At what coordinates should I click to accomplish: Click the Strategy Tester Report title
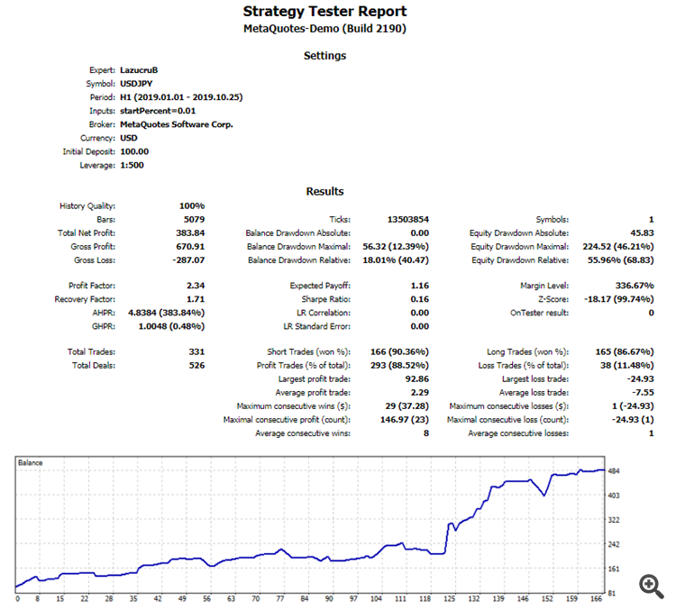324,12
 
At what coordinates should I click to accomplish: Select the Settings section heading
324,56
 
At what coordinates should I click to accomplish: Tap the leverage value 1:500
133,166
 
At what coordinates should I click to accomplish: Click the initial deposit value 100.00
134,152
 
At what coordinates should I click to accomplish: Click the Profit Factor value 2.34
195,286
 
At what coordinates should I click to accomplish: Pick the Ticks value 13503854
407,220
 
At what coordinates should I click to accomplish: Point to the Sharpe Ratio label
324,299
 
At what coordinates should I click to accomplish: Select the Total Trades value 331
196,351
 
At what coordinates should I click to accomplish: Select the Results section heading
324,191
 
